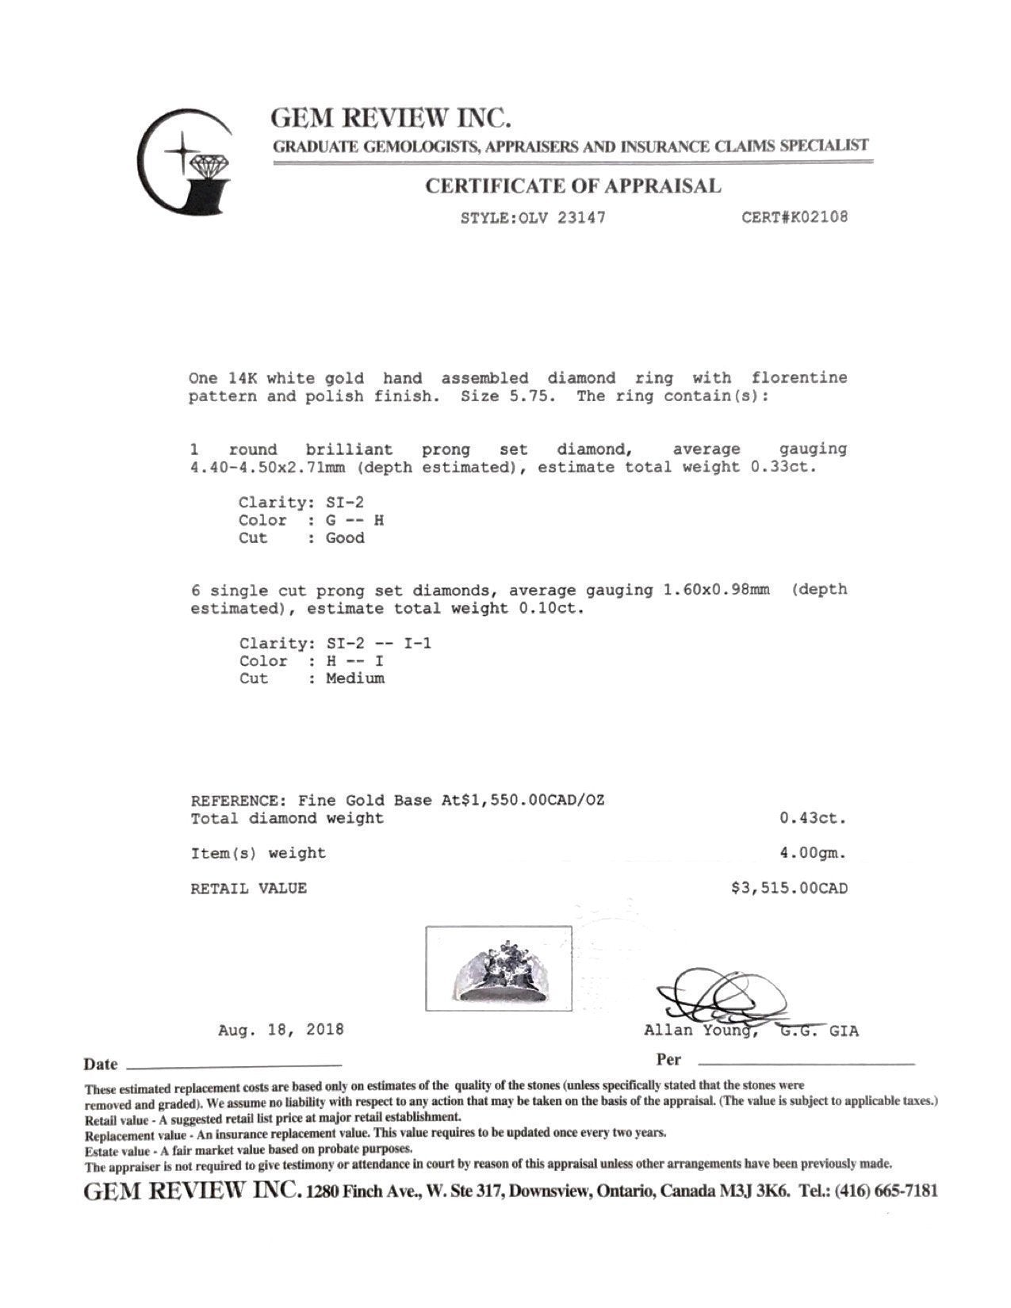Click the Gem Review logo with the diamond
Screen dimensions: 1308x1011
tap(186, 162)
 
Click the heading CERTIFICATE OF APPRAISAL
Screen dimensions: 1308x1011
tap(573, 186)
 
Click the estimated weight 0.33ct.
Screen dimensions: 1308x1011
tap(783, 467)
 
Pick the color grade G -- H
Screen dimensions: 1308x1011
tap(354, 521)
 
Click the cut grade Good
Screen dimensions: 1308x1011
tap(345, 538)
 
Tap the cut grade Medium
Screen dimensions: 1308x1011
tap(354, 679)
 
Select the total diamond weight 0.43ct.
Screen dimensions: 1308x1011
tap(813, 818)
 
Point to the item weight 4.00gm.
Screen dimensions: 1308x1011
tap(813, 854)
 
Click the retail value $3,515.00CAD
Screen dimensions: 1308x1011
tap(789, 889)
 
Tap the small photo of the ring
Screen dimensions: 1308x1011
tap(499, 968)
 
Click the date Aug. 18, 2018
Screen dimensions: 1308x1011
tap(281, 1031)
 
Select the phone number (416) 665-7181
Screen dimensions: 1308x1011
tap(886, 1191)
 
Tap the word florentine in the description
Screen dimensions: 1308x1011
tap(799, 378)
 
